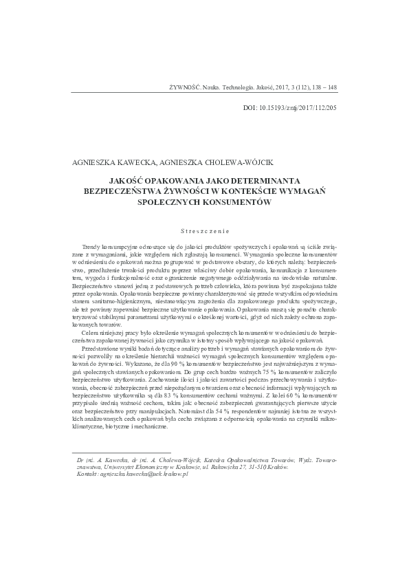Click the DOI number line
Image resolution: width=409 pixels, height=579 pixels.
(x=291, y=108)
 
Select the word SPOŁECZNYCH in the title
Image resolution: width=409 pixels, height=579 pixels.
(x=175, y=203)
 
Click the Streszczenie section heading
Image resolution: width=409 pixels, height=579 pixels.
(x=204, y=232)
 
